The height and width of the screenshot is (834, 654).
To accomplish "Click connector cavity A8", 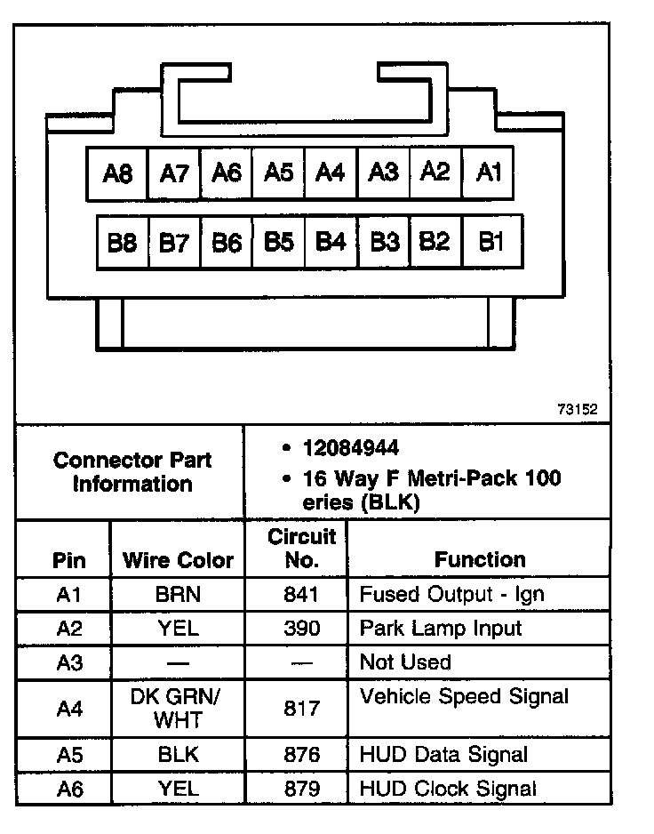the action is click(117, 173).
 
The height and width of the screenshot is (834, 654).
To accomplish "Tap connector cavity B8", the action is click(123, 242).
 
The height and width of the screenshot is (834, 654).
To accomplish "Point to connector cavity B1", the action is click(491, 241).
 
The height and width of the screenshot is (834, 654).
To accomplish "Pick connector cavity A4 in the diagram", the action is click(331, 172).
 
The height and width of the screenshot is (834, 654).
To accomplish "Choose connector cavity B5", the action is click(279, 241).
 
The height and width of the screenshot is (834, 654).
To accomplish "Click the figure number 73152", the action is click(578, 410).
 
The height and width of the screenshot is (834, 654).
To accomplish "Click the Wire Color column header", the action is click(178, 560).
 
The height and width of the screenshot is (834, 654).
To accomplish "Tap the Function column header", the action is click(480, 559).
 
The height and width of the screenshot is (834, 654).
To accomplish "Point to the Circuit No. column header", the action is click(302, 548).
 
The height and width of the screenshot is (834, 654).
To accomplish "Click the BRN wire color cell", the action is click(178, 595).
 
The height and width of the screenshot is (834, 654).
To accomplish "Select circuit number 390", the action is click(302, 629).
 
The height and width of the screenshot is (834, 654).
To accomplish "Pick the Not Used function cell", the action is click(405, 662).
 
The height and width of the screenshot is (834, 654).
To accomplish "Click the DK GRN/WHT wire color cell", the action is click(178, 708).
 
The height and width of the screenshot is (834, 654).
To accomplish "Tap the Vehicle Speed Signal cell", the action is click(464, 696).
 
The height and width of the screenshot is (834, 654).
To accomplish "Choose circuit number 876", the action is click(302, 755).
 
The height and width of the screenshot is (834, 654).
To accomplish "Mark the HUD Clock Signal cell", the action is click(448, 788).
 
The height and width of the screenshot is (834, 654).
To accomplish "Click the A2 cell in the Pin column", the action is click(69, 629).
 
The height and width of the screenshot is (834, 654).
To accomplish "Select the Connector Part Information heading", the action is click(132, 472).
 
